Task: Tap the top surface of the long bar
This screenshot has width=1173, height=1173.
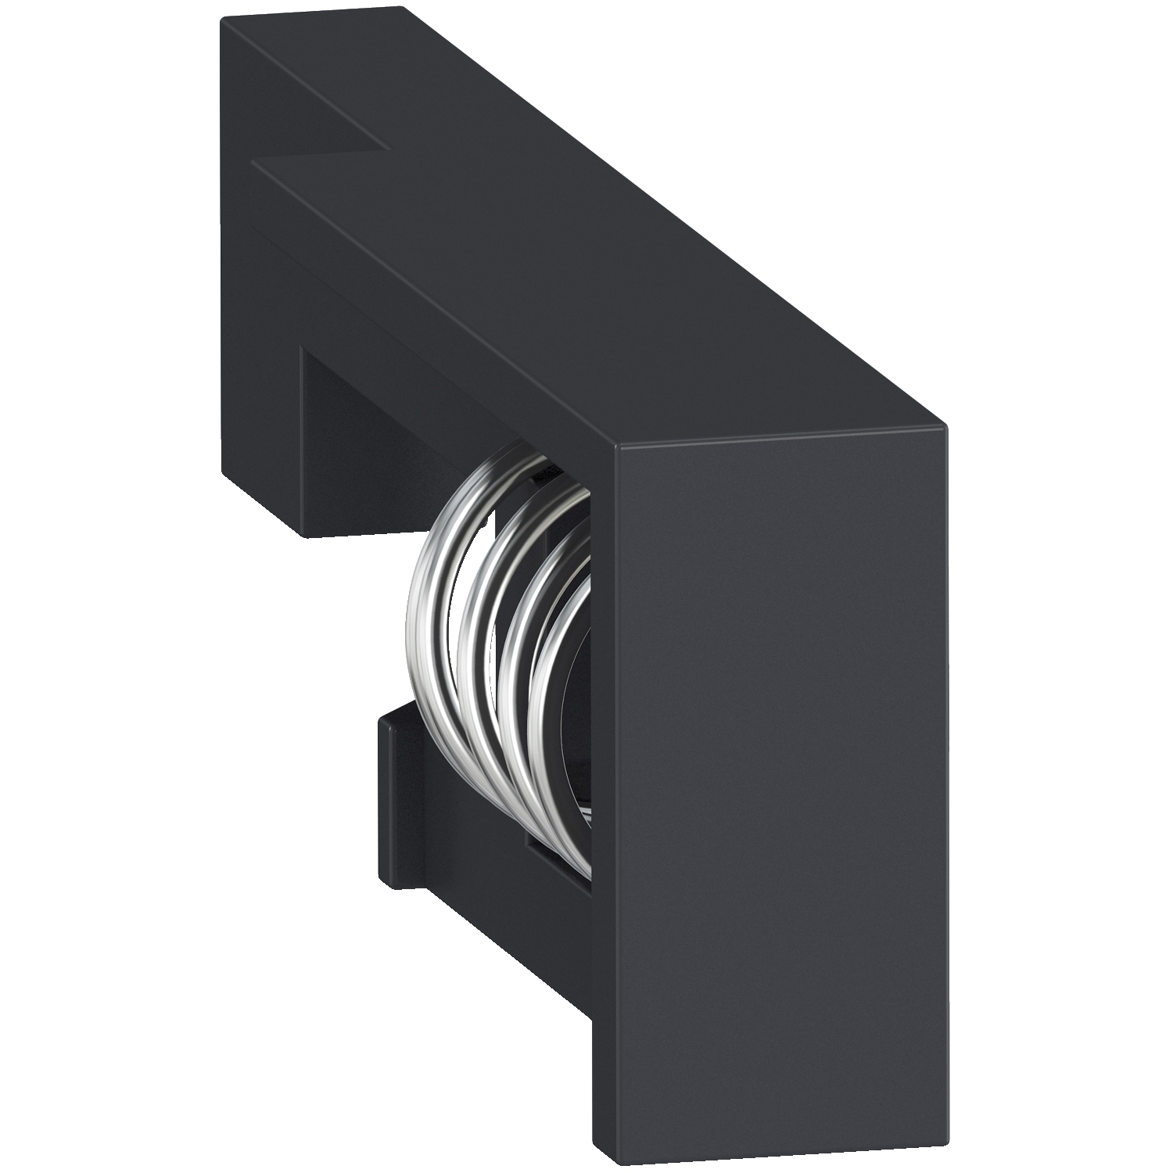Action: pos(594,258)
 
